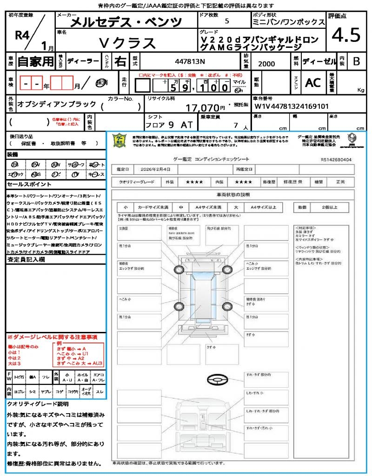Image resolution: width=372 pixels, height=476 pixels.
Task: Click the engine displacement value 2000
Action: pyautogui.click(x=266, y=64)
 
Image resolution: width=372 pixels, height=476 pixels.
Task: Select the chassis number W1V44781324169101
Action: pyautogui.click(x=292, y=106)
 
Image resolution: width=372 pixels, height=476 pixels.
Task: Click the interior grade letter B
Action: pyautogui.click(x=356, y=61)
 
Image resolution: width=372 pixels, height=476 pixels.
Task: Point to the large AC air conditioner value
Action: pyautogui.click(x=312, y=83)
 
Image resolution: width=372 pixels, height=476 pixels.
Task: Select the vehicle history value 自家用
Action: pyautogui.click(x=35, y=61)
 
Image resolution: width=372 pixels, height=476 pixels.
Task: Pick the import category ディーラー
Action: pyautogui.click(x=83, y=61)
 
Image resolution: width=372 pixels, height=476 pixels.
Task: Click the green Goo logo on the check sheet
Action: pyautogui.click(x=120, y=140)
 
